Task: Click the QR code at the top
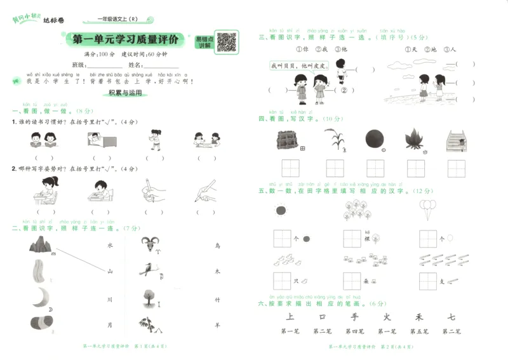click(x=227, y=42)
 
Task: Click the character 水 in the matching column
click(x=110, y=244)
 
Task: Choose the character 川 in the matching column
click(x=110, y=298)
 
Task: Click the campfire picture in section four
click(x=415, y=140)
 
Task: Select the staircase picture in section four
click(x=456, y=140)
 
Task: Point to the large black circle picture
click(x=373, y=140)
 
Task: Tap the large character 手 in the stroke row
click(x=354, y=316)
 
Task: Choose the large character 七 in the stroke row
click(x=451, y=316)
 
